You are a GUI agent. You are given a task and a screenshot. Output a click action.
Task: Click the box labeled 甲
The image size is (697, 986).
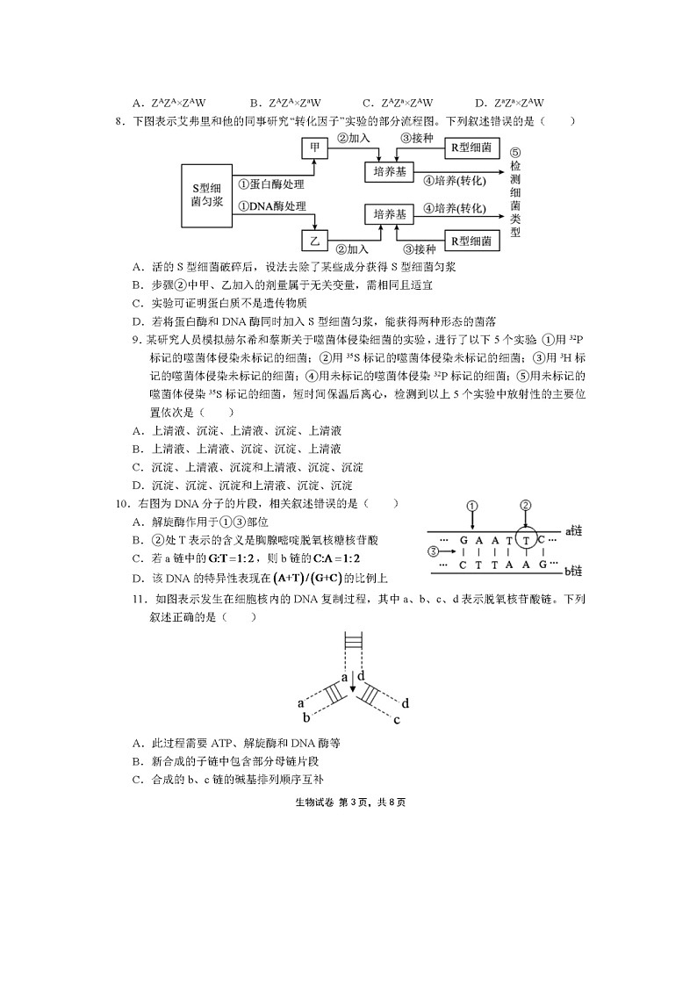point(313,149)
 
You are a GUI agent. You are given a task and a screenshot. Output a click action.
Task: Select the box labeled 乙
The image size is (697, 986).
point(313,239)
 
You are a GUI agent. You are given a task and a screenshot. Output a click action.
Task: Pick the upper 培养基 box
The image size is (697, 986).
point(388,172)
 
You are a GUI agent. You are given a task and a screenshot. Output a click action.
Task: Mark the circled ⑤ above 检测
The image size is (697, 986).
point(515,152)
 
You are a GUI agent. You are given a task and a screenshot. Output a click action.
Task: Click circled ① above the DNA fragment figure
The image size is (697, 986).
point(472,506)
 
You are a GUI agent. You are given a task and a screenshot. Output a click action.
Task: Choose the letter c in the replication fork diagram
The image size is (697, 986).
point(397,721)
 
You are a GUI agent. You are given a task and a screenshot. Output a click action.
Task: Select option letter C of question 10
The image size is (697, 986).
point(137,558)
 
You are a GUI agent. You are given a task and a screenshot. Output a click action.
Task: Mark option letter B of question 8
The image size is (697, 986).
point(137,284)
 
